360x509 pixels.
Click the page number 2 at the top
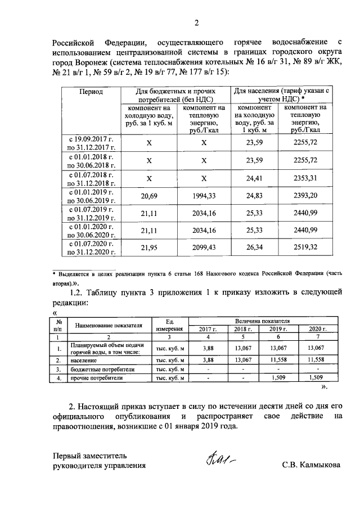tap(196, 22)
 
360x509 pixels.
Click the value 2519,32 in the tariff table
tap(306, 247)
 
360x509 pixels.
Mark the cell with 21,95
tap(149, 247)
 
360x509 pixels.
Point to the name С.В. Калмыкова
tap(311, 466)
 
